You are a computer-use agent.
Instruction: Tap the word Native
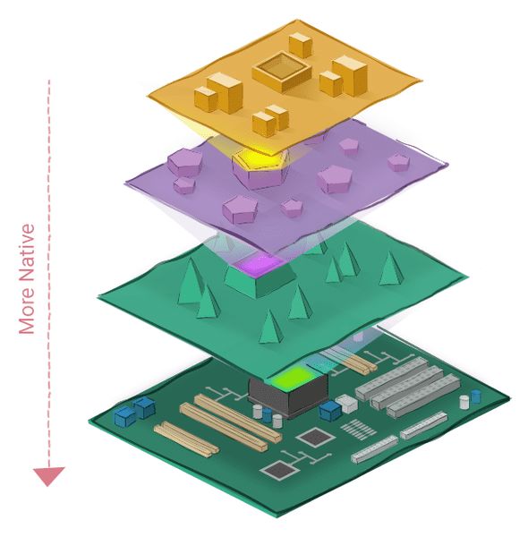(27, 252)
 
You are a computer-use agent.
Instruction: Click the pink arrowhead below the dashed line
(48, 476)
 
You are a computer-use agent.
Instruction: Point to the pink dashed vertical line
(48, 273)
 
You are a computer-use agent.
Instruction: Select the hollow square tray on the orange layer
(282, 72)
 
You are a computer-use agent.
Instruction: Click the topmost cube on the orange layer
(301, 46)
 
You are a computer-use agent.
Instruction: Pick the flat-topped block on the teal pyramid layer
(260, 279)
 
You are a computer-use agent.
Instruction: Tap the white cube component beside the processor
(347, 403)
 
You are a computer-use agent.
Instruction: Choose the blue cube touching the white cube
(330, 410)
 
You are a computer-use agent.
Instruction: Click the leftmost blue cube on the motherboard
(125, 416)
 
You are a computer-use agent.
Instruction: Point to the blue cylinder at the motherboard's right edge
(475, 396)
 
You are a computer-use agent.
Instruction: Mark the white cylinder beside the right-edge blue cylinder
(464, 402)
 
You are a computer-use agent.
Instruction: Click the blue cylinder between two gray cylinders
(268, 414)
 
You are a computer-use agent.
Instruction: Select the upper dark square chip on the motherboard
(315, 438)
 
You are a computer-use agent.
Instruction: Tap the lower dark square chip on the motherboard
(279, 470)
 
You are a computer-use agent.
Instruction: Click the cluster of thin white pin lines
(358, 429)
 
